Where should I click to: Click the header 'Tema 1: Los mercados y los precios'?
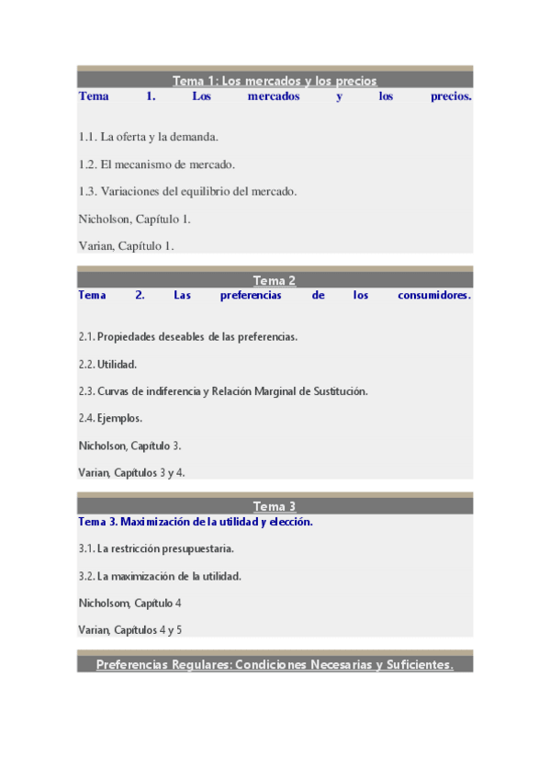point(275,81)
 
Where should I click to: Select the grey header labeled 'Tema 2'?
point(275,280)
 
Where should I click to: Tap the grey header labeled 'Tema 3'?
point(275,506)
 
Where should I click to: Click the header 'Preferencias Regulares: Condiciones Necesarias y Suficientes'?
point(275,664)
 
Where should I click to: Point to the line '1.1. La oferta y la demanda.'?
point(148,137)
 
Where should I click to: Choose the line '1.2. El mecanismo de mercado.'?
point(157,164)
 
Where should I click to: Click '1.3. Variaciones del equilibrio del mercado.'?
point(187,191)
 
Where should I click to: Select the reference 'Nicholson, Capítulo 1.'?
point(135,219)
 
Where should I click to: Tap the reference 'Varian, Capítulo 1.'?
point(126,245)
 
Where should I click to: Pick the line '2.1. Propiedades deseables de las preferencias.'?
point(187,337)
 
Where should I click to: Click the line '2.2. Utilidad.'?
point(107,364)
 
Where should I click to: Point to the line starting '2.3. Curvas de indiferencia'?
point(223,391)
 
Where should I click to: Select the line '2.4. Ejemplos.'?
point(110,418)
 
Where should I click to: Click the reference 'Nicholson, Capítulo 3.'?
point(129,446)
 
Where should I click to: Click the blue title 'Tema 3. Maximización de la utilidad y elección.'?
point(196,522)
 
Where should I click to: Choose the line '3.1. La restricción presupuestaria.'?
point(156,549)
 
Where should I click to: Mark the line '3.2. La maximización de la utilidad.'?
point(160,576)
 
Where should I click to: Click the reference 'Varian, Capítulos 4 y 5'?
point(130,630)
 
